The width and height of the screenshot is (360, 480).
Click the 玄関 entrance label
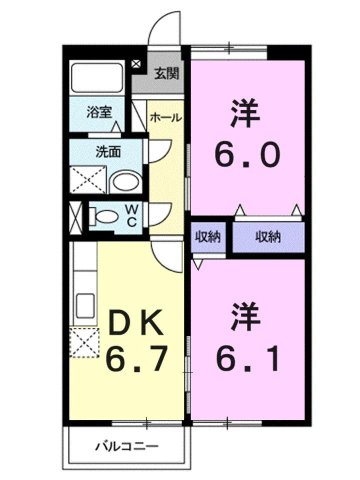(x=167, y=72)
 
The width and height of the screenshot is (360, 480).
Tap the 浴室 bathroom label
(x=97, y=113)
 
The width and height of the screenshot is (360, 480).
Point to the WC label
(x=131, y=215)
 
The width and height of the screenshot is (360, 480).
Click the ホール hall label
(x=165, y=118)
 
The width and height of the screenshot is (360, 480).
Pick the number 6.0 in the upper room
(x=248, y=156)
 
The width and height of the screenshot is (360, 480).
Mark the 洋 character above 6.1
(x=248, y=312)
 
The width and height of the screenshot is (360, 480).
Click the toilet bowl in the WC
(x=103, y=216)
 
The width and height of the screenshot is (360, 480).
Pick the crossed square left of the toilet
(x=76, y=216)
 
